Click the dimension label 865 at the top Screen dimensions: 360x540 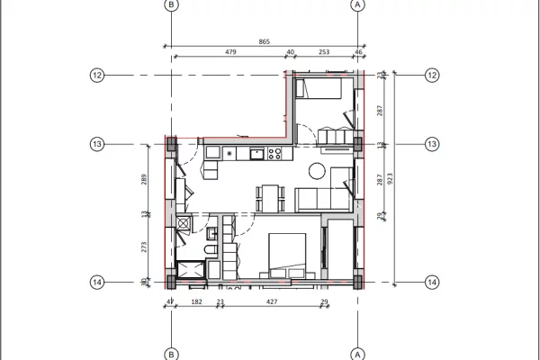(263, 42)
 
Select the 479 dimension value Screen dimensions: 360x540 (230, 52)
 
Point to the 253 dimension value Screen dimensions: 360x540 (324, 52)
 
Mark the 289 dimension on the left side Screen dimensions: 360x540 (144, 179)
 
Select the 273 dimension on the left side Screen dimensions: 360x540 (144, 246)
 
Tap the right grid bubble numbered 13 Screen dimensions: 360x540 (432, 144)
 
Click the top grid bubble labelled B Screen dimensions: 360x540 (172, 5)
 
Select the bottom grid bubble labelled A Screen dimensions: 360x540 (358, 353)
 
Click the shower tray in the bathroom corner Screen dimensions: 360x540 (191, 271)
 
